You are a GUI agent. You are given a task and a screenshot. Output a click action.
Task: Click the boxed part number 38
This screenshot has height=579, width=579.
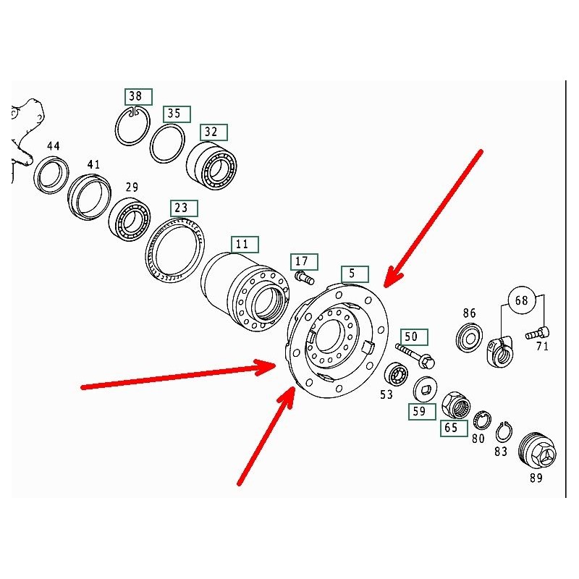coord(138,97)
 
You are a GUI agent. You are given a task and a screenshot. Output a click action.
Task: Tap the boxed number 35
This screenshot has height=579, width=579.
coord(177,114)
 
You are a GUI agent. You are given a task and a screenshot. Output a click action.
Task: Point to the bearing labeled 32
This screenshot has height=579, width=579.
coord(211,167)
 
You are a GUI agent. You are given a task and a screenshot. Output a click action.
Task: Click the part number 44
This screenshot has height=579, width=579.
coord(53,146)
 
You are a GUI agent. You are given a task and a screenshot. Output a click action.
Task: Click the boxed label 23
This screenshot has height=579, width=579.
coord(184,208)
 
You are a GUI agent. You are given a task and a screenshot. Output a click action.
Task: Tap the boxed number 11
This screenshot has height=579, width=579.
coord(245,245)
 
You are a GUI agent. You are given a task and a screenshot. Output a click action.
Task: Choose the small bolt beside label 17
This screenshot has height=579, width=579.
coord(304,278)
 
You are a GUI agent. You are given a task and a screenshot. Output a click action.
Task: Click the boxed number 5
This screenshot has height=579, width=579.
coord(355,274)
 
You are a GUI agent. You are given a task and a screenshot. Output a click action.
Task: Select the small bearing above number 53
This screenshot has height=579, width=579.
coord(396,376)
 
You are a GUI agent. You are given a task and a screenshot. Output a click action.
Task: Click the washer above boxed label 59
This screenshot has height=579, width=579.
coord(425,390)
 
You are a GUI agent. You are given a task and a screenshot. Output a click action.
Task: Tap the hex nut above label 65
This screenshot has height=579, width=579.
coord(457,405)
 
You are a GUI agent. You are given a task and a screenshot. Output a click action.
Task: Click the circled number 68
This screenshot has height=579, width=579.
coord(521,300)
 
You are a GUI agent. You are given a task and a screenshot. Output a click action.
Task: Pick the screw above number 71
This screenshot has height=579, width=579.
coord(537,334)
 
